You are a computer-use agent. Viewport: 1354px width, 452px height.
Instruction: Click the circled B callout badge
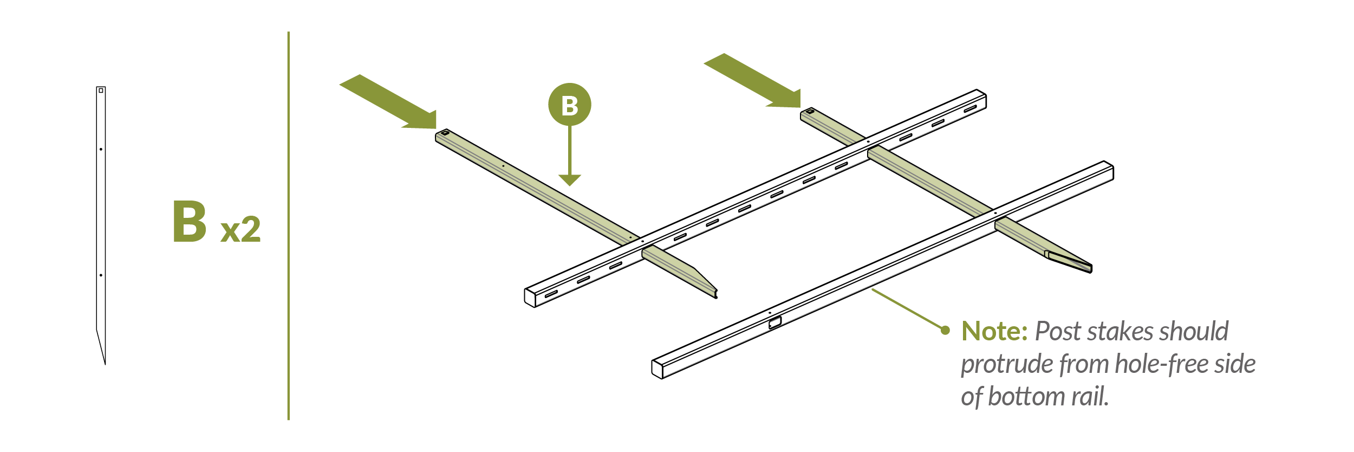[569, 105]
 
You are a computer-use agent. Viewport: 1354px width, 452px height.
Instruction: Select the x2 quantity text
[240, 230]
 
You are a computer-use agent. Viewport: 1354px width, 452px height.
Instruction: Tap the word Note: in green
[994, 331]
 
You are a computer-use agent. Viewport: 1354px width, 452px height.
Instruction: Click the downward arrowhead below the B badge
[569, 180]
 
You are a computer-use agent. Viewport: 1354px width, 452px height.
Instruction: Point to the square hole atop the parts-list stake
[101, 91]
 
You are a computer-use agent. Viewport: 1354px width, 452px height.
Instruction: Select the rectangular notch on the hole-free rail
[775, 323]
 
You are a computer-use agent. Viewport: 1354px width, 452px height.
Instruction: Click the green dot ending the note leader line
[945, 330]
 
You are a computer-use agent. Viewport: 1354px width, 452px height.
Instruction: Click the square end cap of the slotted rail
[530, 298]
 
